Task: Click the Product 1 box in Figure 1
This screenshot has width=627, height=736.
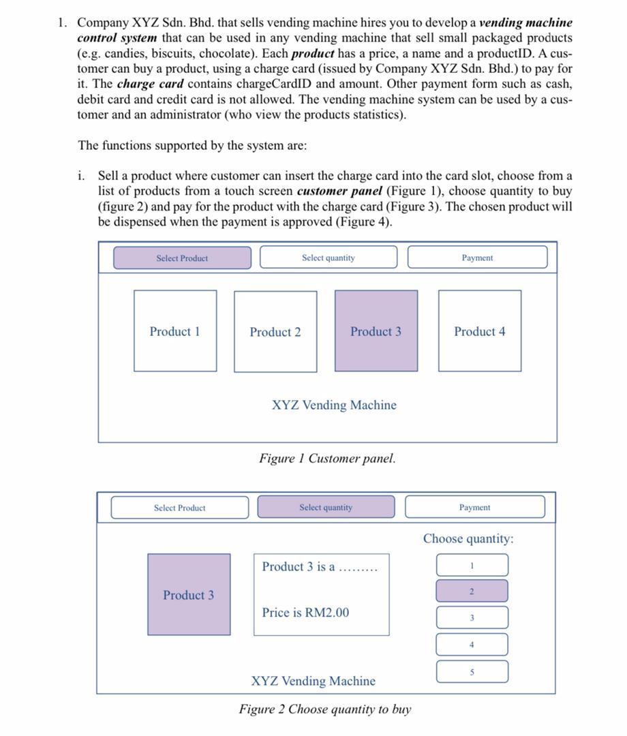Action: [175, 331]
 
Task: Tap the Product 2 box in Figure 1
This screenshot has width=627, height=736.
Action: [275, 332]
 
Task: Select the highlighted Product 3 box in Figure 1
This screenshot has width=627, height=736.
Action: [376, 331]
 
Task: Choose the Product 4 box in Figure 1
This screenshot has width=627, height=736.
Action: [480, 331]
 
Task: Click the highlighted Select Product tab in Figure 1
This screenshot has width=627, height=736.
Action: [182, 258]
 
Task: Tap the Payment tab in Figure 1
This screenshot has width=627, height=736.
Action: [477, 258]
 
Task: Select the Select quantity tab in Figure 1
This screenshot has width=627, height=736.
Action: [328, 258]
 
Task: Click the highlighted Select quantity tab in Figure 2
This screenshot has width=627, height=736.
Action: [326, 507]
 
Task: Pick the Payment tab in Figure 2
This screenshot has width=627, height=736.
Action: [475, 507]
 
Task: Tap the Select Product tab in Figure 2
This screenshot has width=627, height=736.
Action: [179, 508]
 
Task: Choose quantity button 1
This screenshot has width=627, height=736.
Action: [472, 565]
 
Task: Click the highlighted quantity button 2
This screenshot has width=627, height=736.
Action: [472, 591]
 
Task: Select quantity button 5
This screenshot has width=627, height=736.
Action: [472, 671]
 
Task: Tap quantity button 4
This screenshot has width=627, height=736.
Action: [472, 644]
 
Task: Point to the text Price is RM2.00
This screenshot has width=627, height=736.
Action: [305, 613]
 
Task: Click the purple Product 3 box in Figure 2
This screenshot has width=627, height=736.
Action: [189, 595]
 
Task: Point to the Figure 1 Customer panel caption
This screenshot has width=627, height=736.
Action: [327, 459]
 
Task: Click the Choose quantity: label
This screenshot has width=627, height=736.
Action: [468, 539]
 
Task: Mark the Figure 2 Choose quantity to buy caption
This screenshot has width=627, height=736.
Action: [325, 709]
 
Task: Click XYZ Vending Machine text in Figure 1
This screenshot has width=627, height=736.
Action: [334, 405]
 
